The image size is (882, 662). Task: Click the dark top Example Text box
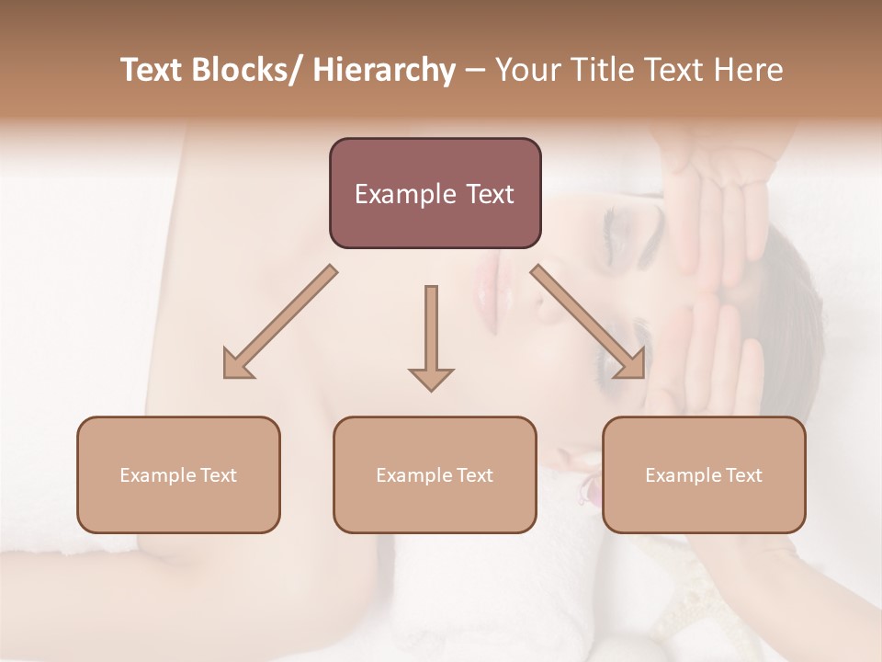click(435, 193)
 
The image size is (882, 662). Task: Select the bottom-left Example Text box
click(178, 474)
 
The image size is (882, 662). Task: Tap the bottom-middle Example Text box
click(435, 474)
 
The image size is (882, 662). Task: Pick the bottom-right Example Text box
click(704, 474)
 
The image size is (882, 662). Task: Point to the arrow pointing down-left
click(279, 323)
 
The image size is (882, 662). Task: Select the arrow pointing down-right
click(589, 323)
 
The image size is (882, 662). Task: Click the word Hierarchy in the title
click(383, 70)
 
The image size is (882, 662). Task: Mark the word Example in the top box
click(404, 194)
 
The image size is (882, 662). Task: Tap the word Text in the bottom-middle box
click(474, 474)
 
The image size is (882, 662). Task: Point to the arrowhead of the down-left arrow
click(238, 364)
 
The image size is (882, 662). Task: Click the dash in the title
click(475, 70)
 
